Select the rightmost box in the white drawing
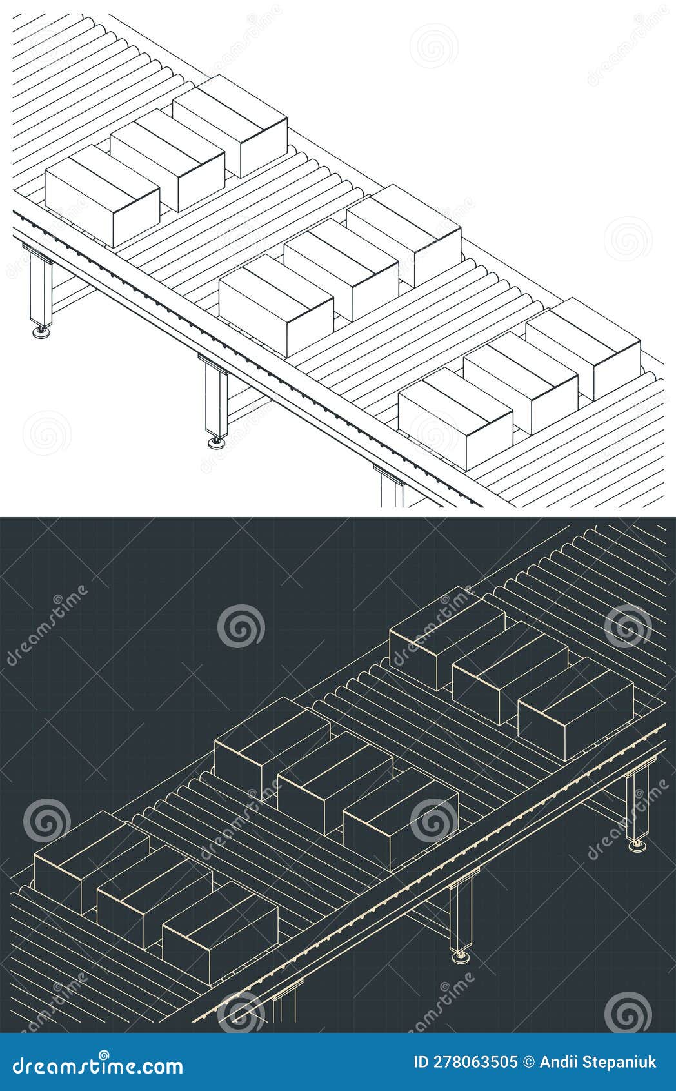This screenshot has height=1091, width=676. tap(583, 350)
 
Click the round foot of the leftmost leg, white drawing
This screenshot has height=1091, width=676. tap(42, 332)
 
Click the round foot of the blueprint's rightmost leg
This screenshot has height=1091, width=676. tap(639, 844)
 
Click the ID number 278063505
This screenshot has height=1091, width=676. tap(465, 1062)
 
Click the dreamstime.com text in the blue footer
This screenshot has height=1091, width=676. tap(94, 1065)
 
